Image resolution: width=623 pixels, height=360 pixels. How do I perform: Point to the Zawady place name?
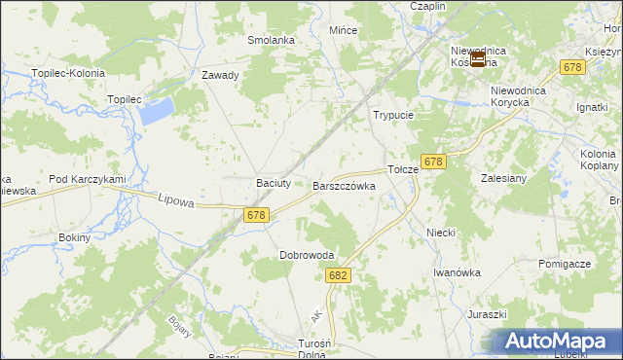point(220,75)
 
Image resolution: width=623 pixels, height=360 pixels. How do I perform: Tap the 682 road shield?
point(338,276)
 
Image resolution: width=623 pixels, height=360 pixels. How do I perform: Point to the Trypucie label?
point(393,115)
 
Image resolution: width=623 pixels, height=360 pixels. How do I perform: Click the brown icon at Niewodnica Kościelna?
point(477,61)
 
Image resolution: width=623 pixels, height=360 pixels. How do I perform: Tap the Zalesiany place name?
point(503,179)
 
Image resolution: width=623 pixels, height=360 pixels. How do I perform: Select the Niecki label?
point(441,234)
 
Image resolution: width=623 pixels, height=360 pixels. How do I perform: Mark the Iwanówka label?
point(458,273)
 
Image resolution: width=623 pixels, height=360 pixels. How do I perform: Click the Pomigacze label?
point(564,265)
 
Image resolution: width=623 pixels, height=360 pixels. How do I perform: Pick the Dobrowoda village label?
point(307,256)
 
